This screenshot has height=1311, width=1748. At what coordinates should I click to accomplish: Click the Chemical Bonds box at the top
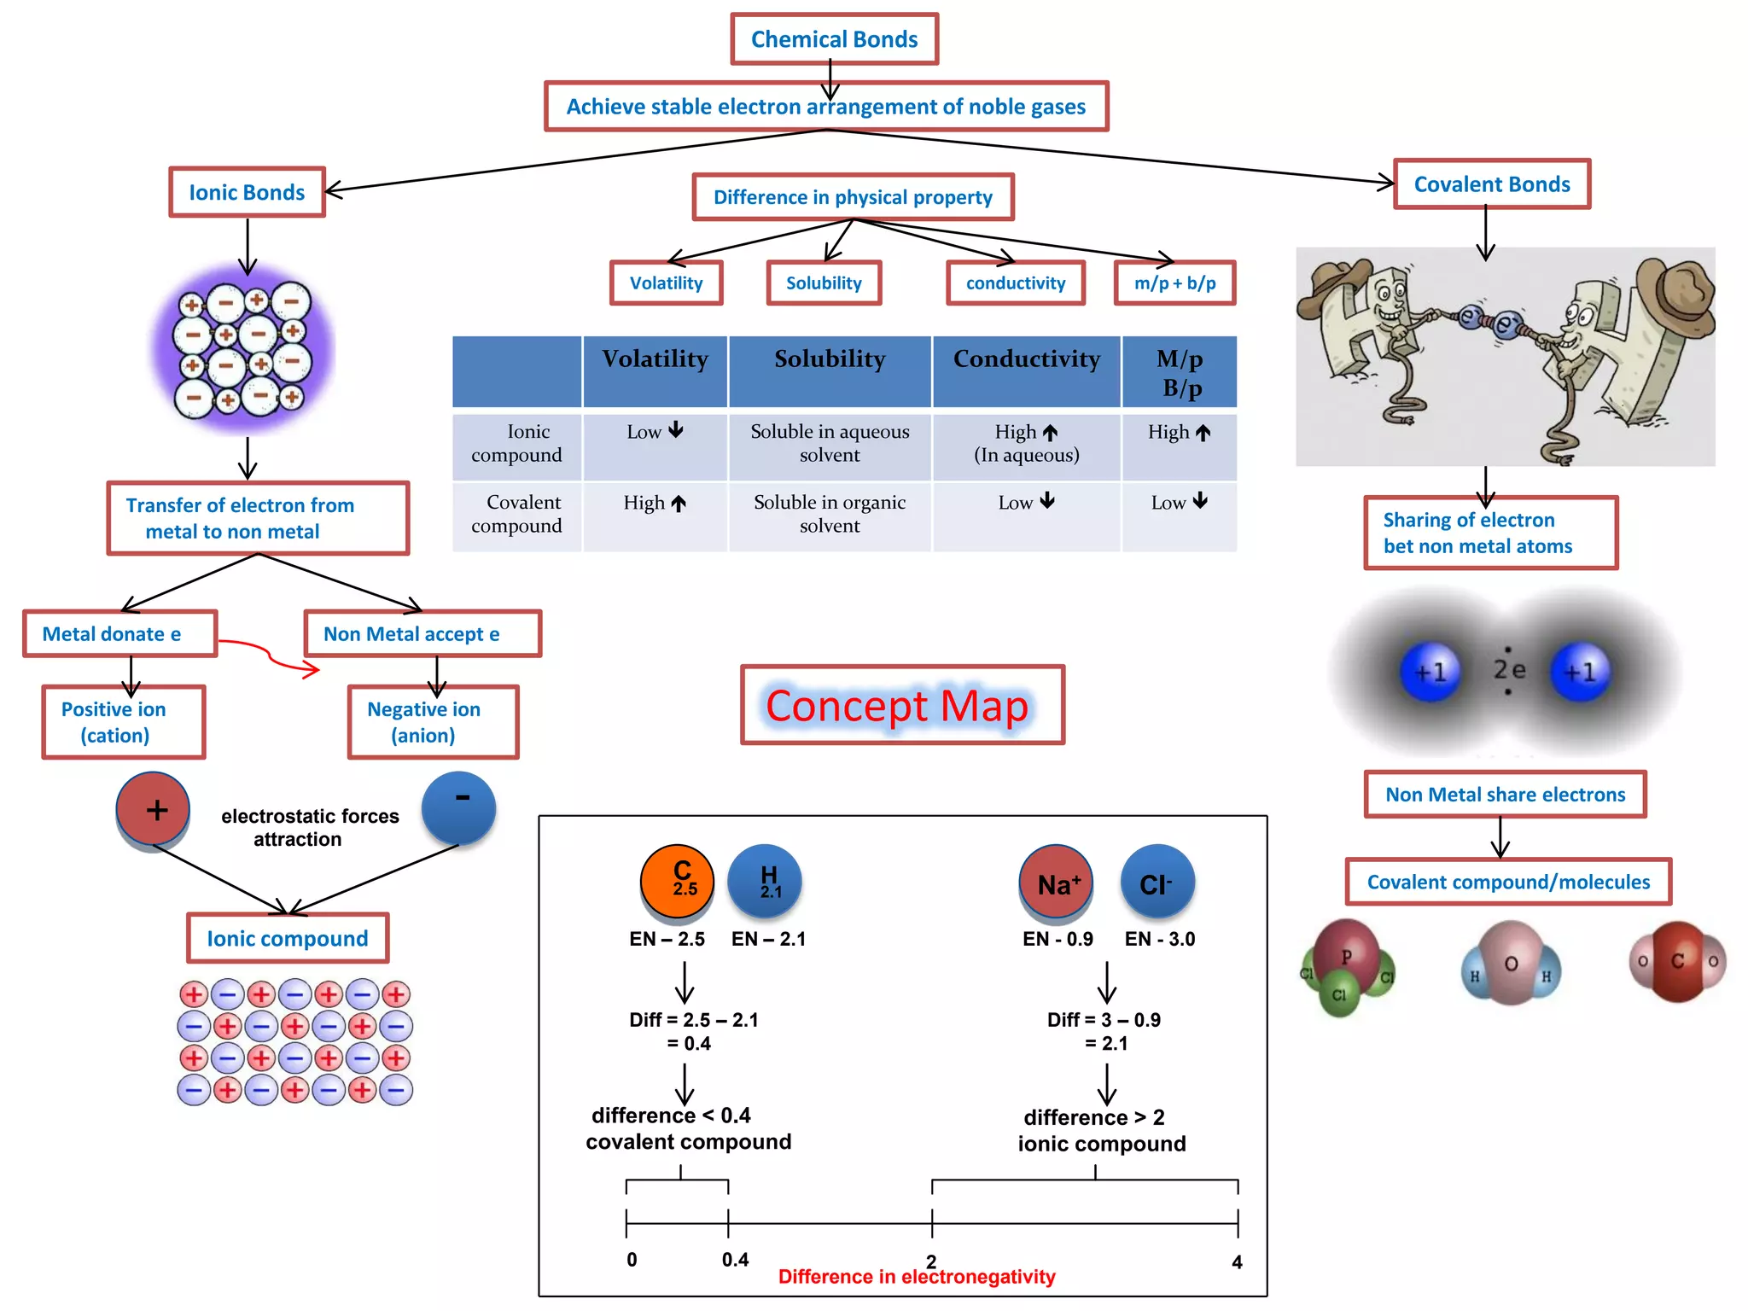pos(834,39)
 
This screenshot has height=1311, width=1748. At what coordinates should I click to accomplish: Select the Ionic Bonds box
pos(247,192)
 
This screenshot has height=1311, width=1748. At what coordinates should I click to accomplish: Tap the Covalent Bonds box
pos(1491,184)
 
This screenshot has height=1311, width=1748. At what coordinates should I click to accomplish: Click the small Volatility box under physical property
pos(666,283)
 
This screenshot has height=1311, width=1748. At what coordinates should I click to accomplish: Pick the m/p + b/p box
pos(1174,283)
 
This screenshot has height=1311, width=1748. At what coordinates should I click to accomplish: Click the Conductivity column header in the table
pos(1026,359)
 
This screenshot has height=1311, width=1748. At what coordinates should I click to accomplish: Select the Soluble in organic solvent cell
pos(830,514)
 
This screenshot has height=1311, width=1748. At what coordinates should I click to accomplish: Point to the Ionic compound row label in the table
pos(517,443)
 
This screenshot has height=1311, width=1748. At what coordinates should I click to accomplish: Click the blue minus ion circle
pos(459,807)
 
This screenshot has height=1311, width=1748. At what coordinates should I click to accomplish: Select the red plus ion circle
pos(154,809)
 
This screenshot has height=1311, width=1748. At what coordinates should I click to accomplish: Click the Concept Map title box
pos(902,705)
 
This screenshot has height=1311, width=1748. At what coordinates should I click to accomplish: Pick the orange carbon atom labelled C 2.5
pos(678,881)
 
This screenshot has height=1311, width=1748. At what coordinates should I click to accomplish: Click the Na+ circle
pos(1057,883)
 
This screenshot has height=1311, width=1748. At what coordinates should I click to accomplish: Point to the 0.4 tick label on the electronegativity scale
pos(735,1260)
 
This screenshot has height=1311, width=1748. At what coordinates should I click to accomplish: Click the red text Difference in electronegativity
pos(917,1277)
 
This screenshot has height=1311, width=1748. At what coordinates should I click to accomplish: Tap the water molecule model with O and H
pos(1511,964)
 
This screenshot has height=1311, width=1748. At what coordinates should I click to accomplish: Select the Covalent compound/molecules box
pos(1508,882)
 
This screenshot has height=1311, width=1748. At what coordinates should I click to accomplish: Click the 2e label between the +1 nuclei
pos(1508,670)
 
